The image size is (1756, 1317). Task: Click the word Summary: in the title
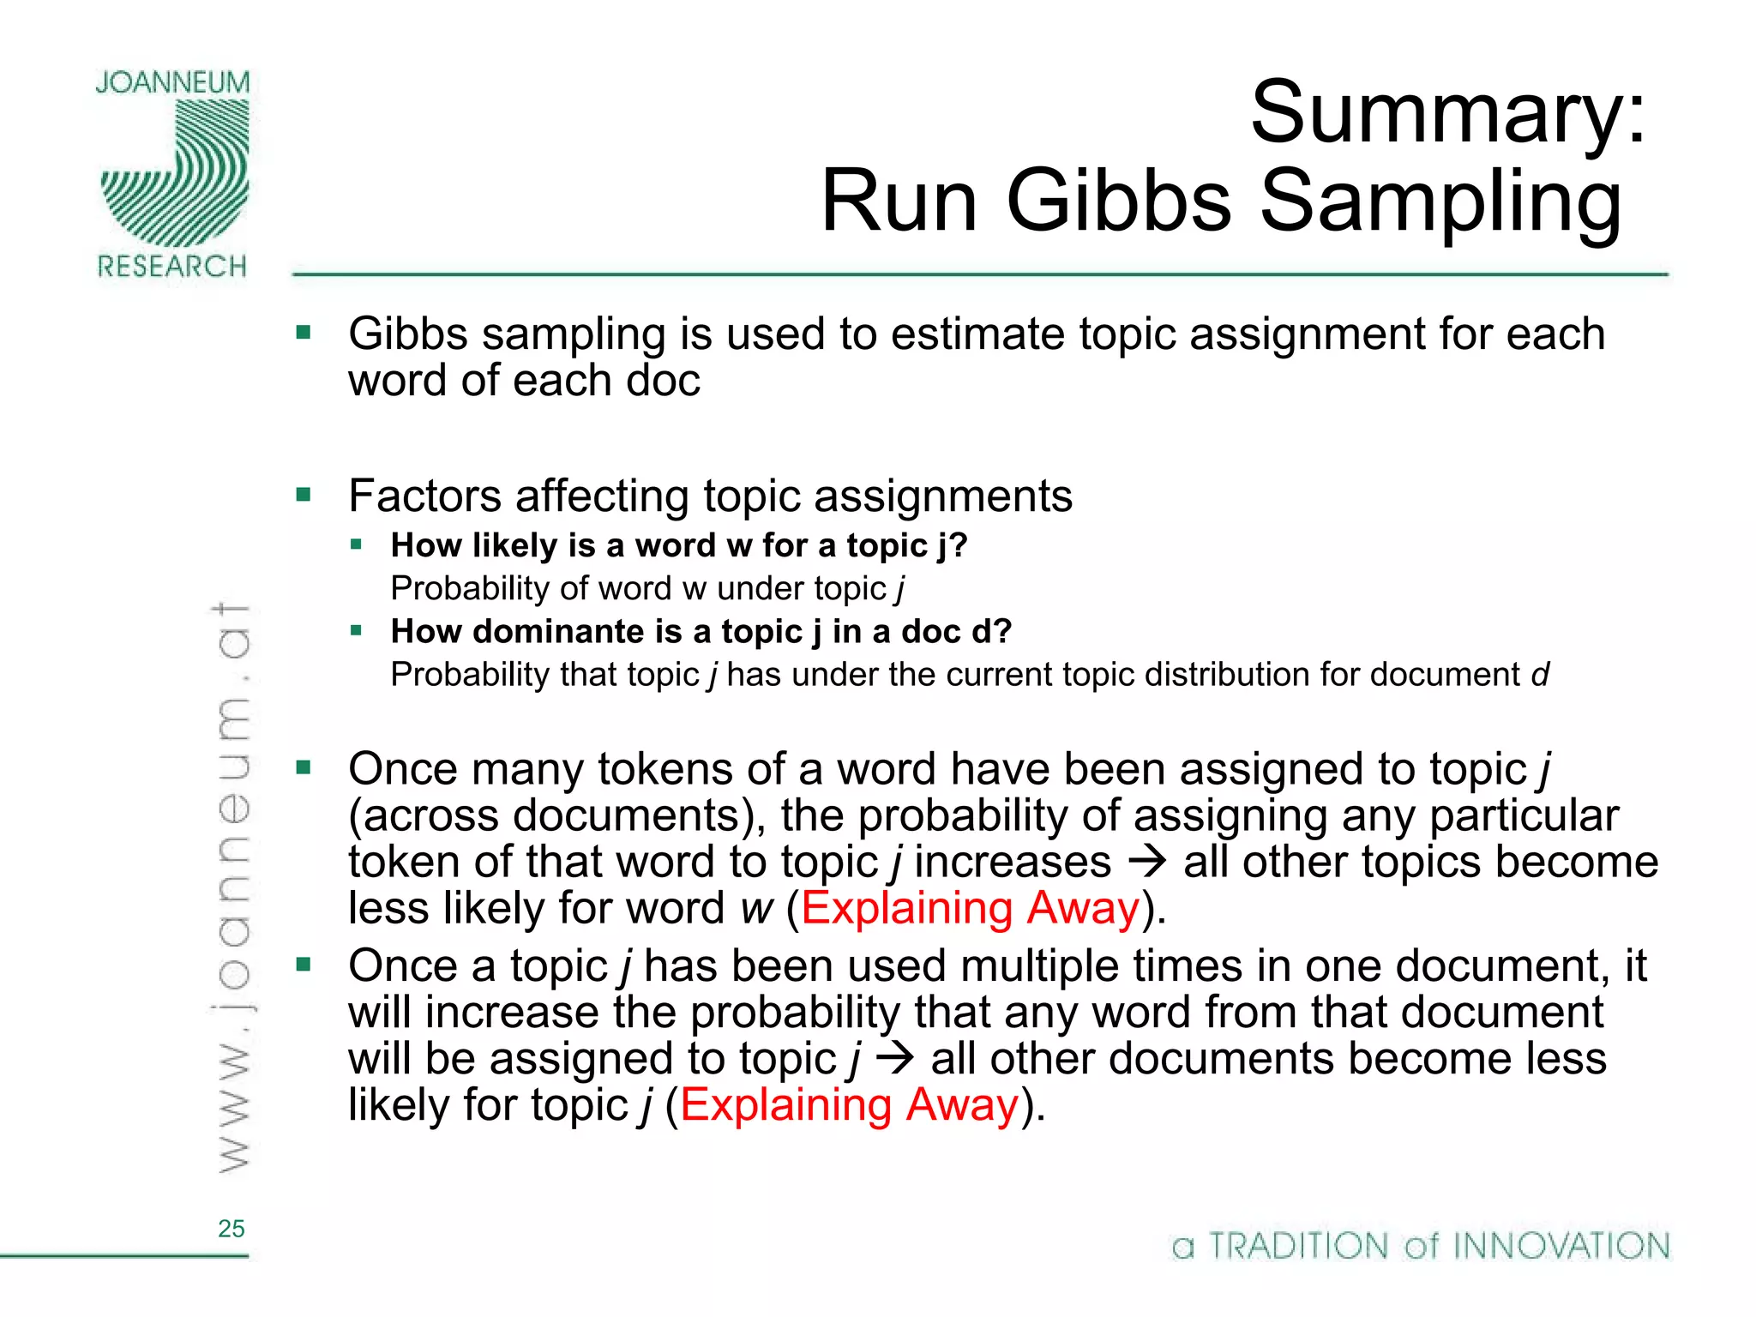pos(1447,113)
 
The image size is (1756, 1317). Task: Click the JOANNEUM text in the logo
pos(172,83)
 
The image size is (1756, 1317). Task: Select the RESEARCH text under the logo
pos(172,267)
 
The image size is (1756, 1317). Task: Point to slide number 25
pos(231,1229)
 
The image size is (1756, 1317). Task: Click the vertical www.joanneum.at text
pos(232,887)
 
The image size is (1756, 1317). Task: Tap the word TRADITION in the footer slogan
pos(1298,1246)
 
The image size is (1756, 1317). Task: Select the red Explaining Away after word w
pos(971,908)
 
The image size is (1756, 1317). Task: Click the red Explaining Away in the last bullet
pos(849,1105)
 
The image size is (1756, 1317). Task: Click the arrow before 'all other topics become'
pos(1148,861)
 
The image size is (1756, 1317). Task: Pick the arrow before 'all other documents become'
pos(896,1059)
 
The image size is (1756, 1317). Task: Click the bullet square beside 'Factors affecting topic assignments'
pos(304,495)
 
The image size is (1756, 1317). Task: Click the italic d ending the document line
pos(1540,675)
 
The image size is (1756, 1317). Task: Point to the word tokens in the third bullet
pos(665,769)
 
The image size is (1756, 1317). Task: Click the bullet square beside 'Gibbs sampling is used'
pos(304,332)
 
